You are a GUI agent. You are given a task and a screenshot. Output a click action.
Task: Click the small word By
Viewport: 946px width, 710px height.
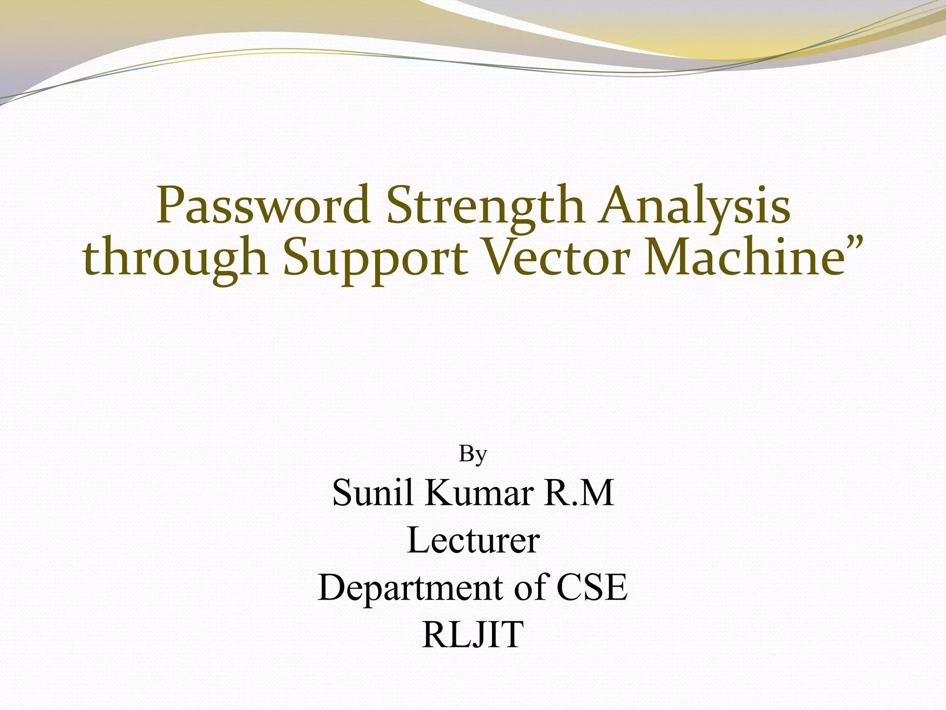[x=473, y=455]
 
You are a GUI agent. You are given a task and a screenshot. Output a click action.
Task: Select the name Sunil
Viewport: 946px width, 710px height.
[x=372, y=493]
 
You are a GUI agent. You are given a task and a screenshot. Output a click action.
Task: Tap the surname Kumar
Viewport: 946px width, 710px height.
[x=480, y=493]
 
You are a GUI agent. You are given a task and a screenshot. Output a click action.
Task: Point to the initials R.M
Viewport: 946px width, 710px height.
[x=580, y=493]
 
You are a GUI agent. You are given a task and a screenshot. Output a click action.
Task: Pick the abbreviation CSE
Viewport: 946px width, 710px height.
[x=592, y=587]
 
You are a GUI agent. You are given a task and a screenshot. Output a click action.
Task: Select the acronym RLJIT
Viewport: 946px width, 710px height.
[x=473, y=634]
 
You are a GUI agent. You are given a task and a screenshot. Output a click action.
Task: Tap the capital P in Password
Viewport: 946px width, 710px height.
[x=171, y=205]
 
